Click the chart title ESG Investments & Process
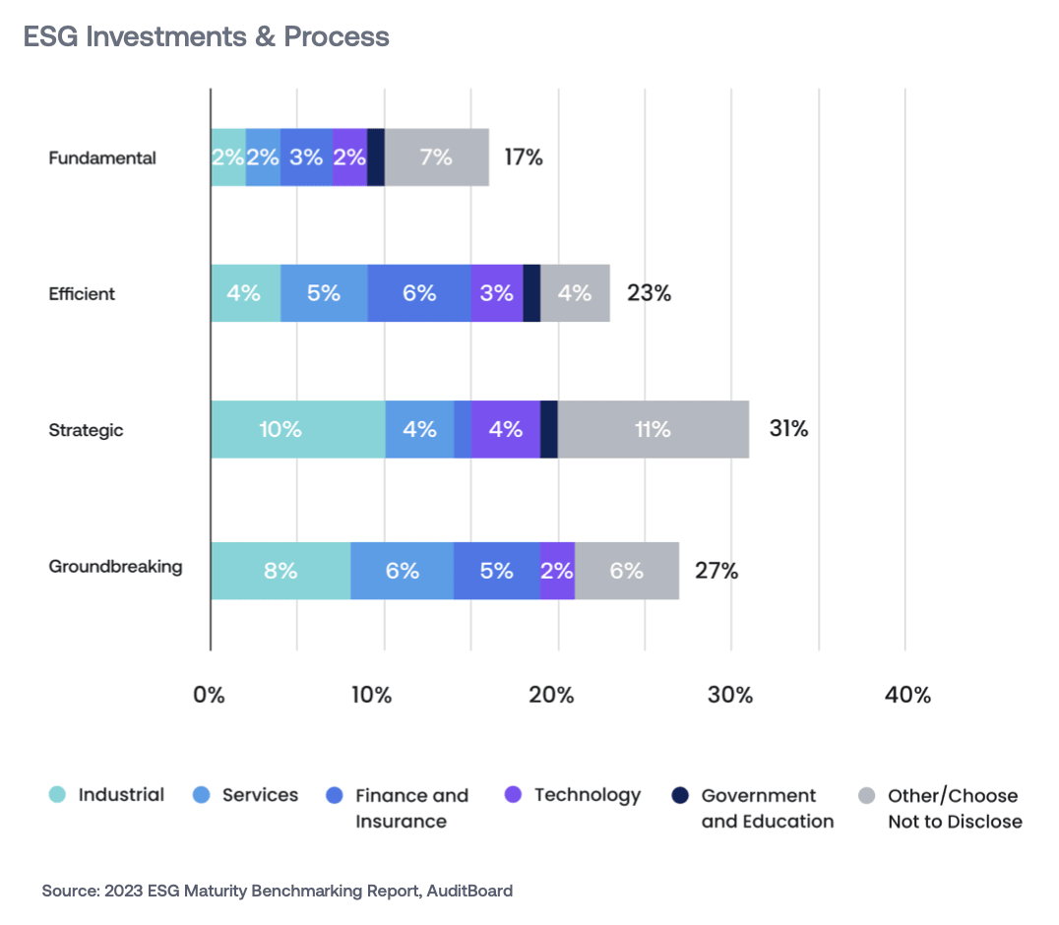click(207, 37)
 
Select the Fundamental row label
click(102, 157)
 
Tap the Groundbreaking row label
click(115, 567)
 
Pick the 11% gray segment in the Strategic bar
click(653, 429)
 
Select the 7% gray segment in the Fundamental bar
click(436, 156)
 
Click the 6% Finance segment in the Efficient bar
click(418, 293)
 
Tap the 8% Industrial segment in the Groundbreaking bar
click(280, 571)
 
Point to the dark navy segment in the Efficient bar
click(531, 293)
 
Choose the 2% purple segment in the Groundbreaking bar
click(557, 571)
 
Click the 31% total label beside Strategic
click(788, 429)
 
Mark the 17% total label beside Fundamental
click(523, 156)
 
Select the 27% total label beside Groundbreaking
click(717, 571)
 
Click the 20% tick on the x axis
click(551, 695)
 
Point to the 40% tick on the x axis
click(907, 695)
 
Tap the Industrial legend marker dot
click(58, 795)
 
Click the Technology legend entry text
click(587, 795)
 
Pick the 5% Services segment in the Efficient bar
click(324, 293)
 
